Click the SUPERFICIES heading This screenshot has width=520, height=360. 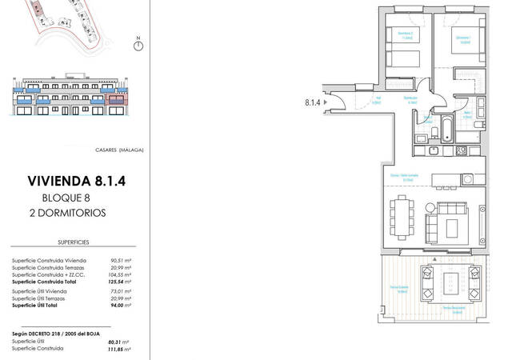[74, 239]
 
